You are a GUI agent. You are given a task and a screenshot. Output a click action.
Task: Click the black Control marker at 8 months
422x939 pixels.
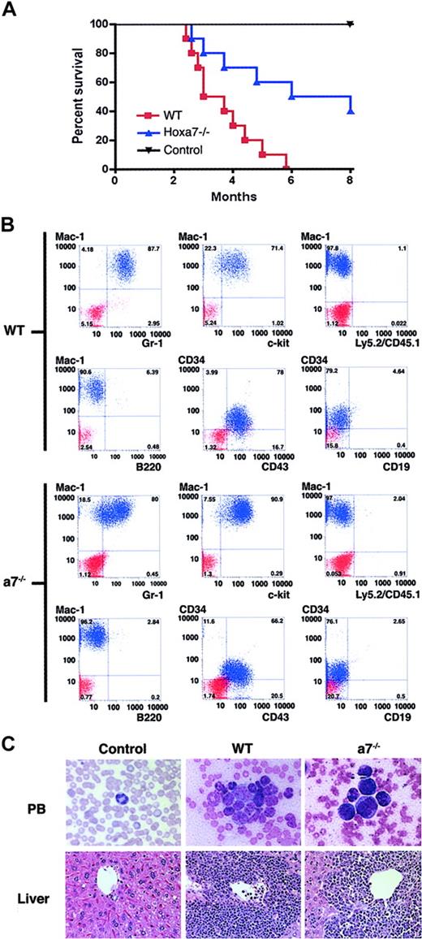351,24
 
